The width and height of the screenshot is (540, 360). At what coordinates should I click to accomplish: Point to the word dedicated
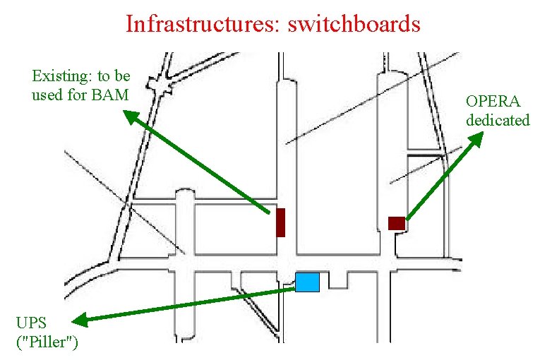tap(497, 120)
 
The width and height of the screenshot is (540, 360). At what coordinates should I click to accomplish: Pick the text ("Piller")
tap(47, 342)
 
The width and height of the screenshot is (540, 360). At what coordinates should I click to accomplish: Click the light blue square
tap(307, 282)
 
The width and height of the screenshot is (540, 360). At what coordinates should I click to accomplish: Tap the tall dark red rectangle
tap(280, 222)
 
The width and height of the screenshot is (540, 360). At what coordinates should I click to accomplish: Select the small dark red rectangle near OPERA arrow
tap(396, 223)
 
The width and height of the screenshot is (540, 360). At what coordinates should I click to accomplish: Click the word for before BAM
tap(79, 94)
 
